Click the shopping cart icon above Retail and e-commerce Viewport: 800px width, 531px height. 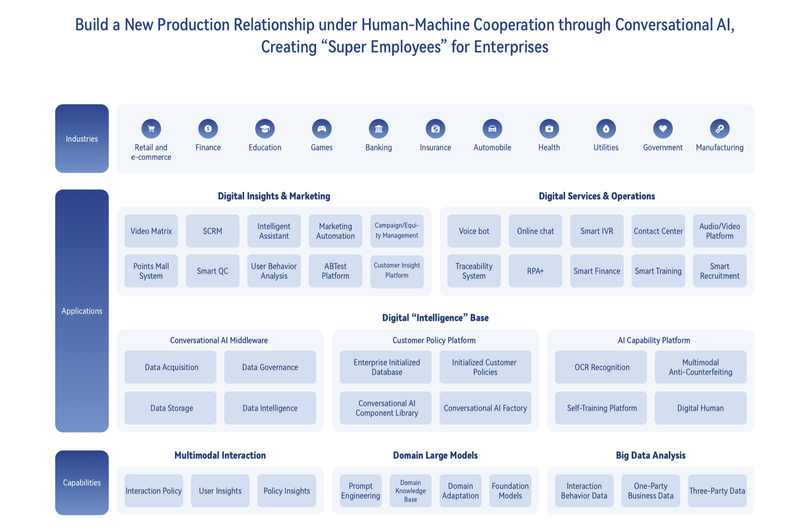point(151,129)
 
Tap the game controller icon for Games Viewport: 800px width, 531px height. point(322,129)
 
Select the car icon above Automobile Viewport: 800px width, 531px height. point(492,129)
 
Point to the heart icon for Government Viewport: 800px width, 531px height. point(663,129)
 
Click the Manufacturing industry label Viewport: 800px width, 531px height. point(719,148)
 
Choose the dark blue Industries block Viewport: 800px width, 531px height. point(82,139)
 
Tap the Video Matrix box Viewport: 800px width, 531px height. point(151,231)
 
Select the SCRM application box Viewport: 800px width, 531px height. point(212,231)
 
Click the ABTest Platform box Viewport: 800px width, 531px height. point(335,271)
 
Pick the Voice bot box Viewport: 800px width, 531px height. point(474,231)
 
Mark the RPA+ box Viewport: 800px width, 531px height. point(535,271)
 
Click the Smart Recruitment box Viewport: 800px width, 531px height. point(719,271)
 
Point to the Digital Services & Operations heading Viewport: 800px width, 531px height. point(597,196)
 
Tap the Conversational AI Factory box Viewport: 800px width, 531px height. point(485,408)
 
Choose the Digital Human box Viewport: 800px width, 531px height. point(700,408)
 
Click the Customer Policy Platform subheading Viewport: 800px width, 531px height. point(434,341)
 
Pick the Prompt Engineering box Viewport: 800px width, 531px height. point(360,491)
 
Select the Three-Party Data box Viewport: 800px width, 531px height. point(717,491)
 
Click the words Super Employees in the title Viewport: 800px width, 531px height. point(384,47)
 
